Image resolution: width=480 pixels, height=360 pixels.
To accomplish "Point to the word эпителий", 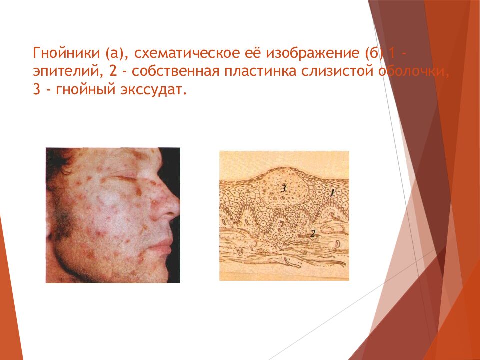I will coord(65,72).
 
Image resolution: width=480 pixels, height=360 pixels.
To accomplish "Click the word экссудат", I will coord(155,91).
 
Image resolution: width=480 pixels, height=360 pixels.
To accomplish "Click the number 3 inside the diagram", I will coord(283,188).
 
